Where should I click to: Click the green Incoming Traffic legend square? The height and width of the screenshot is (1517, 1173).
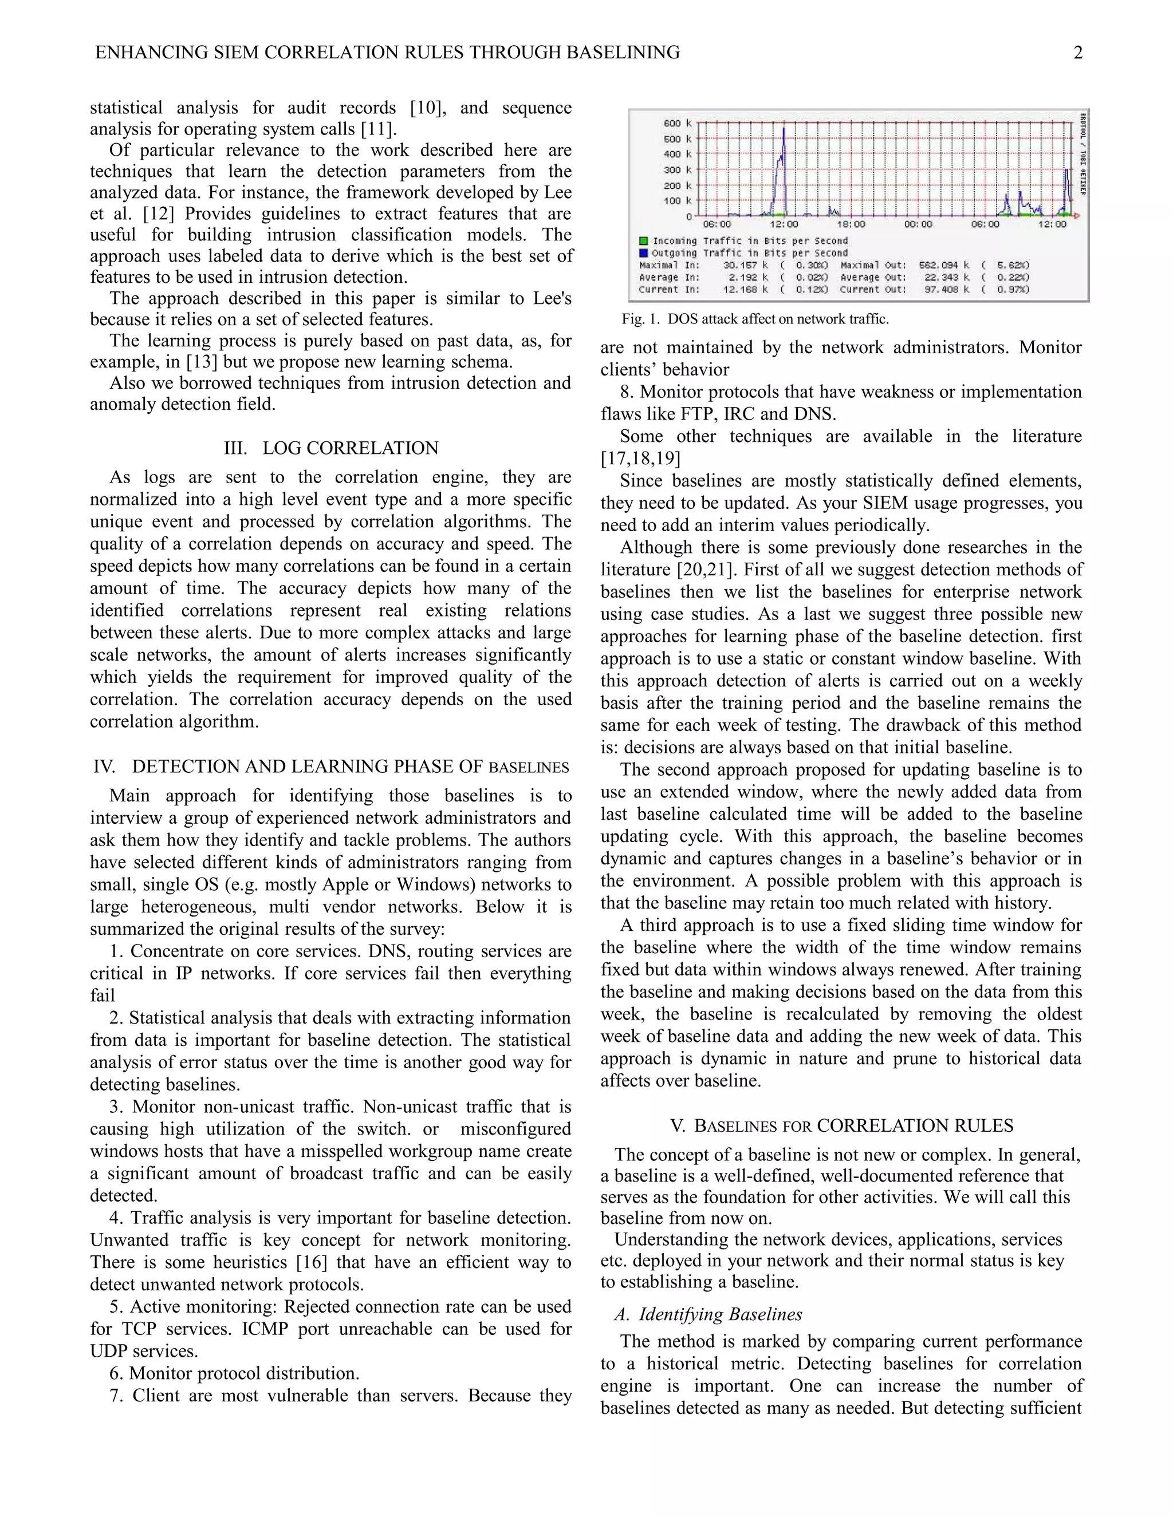tap(643, 241)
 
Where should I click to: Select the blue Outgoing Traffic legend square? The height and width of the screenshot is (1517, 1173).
tap(643, 253)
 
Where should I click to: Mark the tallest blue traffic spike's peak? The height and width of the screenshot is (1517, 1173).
tap(785, 128)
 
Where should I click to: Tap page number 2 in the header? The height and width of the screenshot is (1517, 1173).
tap(1078, 53)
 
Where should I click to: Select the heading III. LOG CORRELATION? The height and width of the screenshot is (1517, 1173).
tap(331, 448)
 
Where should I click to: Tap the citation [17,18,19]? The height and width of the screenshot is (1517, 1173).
tap(640, 459)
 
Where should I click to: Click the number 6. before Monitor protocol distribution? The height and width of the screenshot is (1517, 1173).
tap(117, 1373)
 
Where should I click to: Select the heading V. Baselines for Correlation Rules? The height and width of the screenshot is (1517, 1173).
tap(841, 1126)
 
